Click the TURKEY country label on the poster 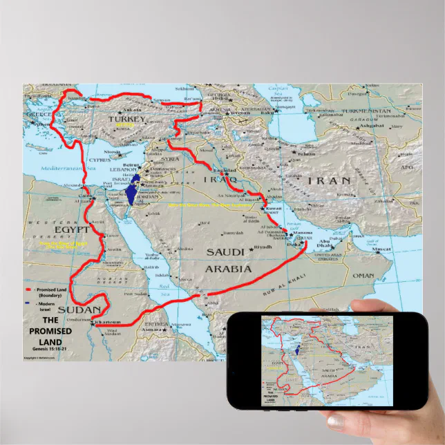[127, 120]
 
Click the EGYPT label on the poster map [75, 229]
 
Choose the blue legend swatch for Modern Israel [28, 302]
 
